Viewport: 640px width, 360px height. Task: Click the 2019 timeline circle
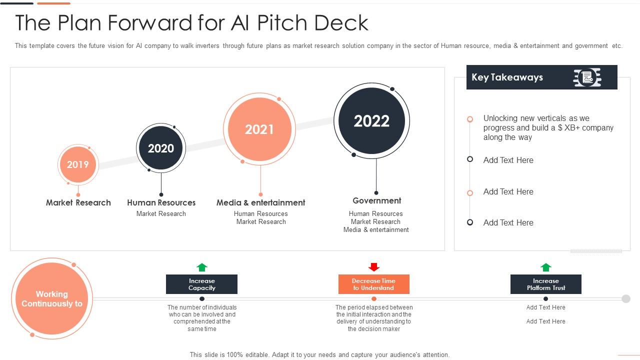pyautogui.click(x=78, y=164)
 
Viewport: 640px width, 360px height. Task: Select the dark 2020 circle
pyautogui.click(x=161, y=148)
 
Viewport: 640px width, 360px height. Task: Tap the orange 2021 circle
pyautogui.click(x=259, y=129)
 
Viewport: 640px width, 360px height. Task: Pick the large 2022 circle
pyautogui.click(x=371, y=121)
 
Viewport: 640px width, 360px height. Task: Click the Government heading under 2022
pyautogui.click(x=377, y=200)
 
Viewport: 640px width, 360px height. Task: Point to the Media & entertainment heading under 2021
pyautogui.click(x=260, y=202)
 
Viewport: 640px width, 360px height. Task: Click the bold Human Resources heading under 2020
pyautogui.click(x=161, y=202)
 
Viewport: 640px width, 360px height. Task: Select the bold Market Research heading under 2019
pyautogui.click(x=78, y=202)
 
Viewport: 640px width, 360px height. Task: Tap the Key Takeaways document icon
pyautogui.click(x=587, y=77)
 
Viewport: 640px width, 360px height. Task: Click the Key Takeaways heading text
pyautogui.click(x=507, y=77)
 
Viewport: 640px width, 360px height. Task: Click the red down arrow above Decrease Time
pyautogui.click(x=374, y=267)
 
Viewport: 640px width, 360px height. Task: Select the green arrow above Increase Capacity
pyautogui.click(x=202, y=267)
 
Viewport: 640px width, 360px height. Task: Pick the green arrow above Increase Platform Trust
pyautogui.click(x=546, y=267)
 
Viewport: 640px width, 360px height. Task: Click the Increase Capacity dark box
pyautogui.click(x=201, y=284)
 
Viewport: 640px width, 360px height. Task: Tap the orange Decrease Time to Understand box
pyautogui.click(x=374, y=284)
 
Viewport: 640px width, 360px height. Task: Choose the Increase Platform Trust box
pyautogui.click(x=546, y=284)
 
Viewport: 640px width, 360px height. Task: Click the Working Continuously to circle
pyautogui.click(x=52, y=299)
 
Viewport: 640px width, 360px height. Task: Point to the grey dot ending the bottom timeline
pyautogui.click(x=626, y=299)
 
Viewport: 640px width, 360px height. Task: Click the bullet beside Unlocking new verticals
pyautogui.click(x=470, y=119)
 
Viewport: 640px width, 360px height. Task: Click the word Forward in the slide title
pyautogui.click(x=150, y=22)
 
